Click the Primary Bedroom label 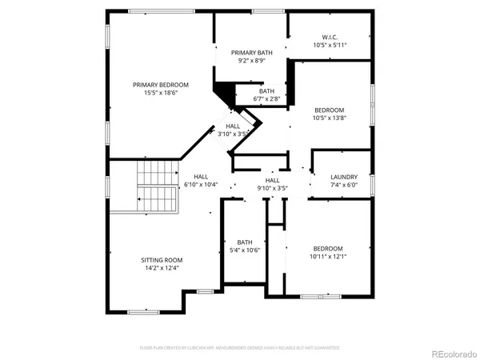click(161, 85)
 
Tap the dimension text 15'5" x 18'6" click(161, 93)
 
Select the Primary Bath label click(252, 52)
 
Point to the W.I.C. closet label click(330, 37)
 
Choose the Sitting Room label click(162, 260)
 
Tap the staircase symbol click(157, 185)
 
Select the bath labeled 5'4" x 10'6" click(245, 246)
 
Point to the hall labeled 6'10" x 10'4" click(201, 181)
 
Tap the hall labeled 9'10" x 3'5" click(272, 185)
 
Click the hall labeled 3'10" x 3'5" click(233, 130)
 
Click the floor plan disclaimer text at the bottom click(240, 348)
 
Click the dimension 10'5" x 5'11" click(330, 46)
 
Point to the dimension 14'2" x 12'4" click(162, 269)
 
